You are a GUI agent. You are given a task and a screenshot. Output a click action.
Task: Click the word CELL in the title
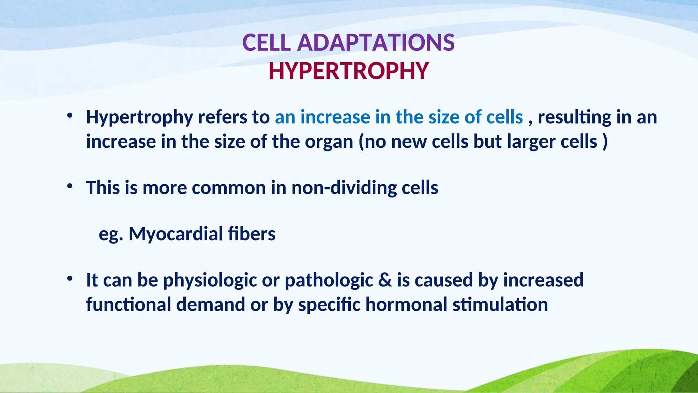pyautogui.click(x=266, y=43)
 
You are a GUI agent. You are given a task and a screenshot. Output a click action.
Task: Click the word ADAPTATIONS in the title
pyautogui.click(x=376, y=43)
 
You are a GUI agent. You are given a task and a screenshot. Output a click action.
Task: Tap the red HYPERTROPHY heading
pyautogui.click(x=348, y=71)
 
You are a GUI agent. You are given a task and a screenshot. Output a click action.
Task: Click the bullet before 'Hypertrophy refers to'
pyautogui.click(x=70, y=116)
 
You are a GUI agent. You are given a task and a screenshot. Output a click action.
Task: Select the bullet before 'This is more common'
pyautogui.click(x=70, y=186)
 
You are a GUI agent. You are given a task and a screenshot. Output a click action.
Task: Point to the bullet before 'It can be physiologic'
pyautogui.click(x=70, y=279)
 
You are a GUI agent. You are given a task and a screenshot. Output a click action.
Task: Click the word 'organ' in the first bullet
pyautogui.click(x=329, y=142)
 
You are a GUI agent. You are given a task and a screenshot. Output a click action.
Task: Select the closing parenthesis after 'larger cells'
pyautogui.click(x=605, y=142)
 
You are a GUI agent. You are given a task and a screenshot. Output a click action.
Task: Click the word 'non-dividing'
pyautogui.click(x=344, y=188)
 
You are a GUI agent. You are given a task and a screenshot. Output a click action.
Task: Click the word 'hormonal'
pyautogui.click(x=406, y=305)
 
